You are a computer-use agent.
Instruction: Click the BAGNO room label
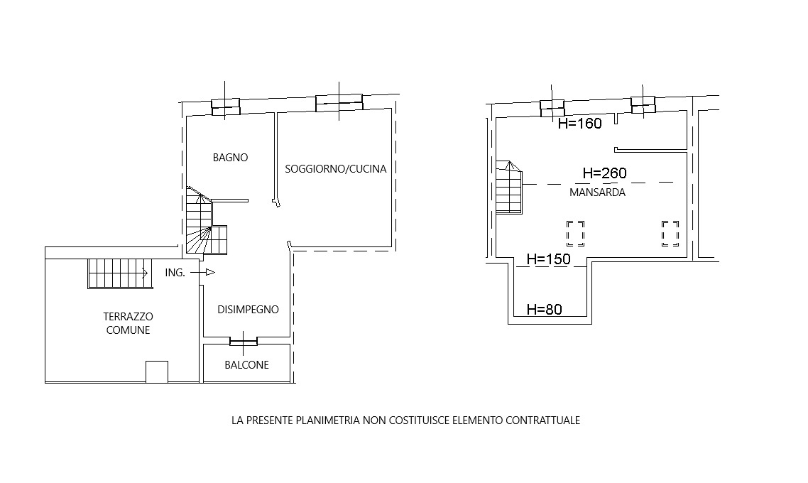pos(230,158)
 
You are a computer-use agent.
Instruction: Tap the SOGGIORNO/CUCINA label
pos(336,169)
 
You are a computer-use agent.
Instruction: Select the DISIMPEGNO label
pos(248,309)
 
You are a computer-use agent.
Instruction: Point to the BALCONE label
pos(247,365)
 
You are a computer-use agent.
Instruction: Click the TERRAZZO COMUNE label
pos(129,323)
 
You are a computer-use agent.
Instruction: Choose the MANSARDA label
pos(597,192)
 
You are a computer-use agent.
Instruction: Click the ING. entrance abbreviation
pos(175,273)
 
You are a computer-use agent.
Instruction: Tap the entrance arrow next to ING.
pos(202,272)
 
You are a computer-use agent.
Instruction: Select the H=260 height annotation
pos(605,173)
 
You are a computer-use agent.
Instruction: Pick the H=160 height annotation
pos(580,124)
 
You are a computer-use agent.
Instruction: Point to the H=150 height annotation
pos(549,259)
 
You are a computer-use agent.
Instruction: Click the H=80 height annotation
pos(545,309)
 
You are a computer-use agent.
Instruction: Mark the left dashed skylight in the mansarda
pos(576,234)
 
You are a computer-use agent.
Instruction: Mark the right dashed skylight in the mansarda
pos(670,234)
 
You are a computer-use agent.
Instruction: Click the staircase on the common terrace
pos(120,273)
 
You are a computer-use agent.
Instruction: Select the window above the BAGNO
pos(226,107)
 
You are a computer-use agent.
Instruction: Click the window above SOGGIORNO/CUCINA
pos(339,102)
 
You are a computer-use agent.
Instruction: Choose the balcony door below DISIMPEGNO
pos(244,341)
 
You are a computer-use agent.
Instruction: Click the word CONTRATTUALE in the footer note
pos(542,420)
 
